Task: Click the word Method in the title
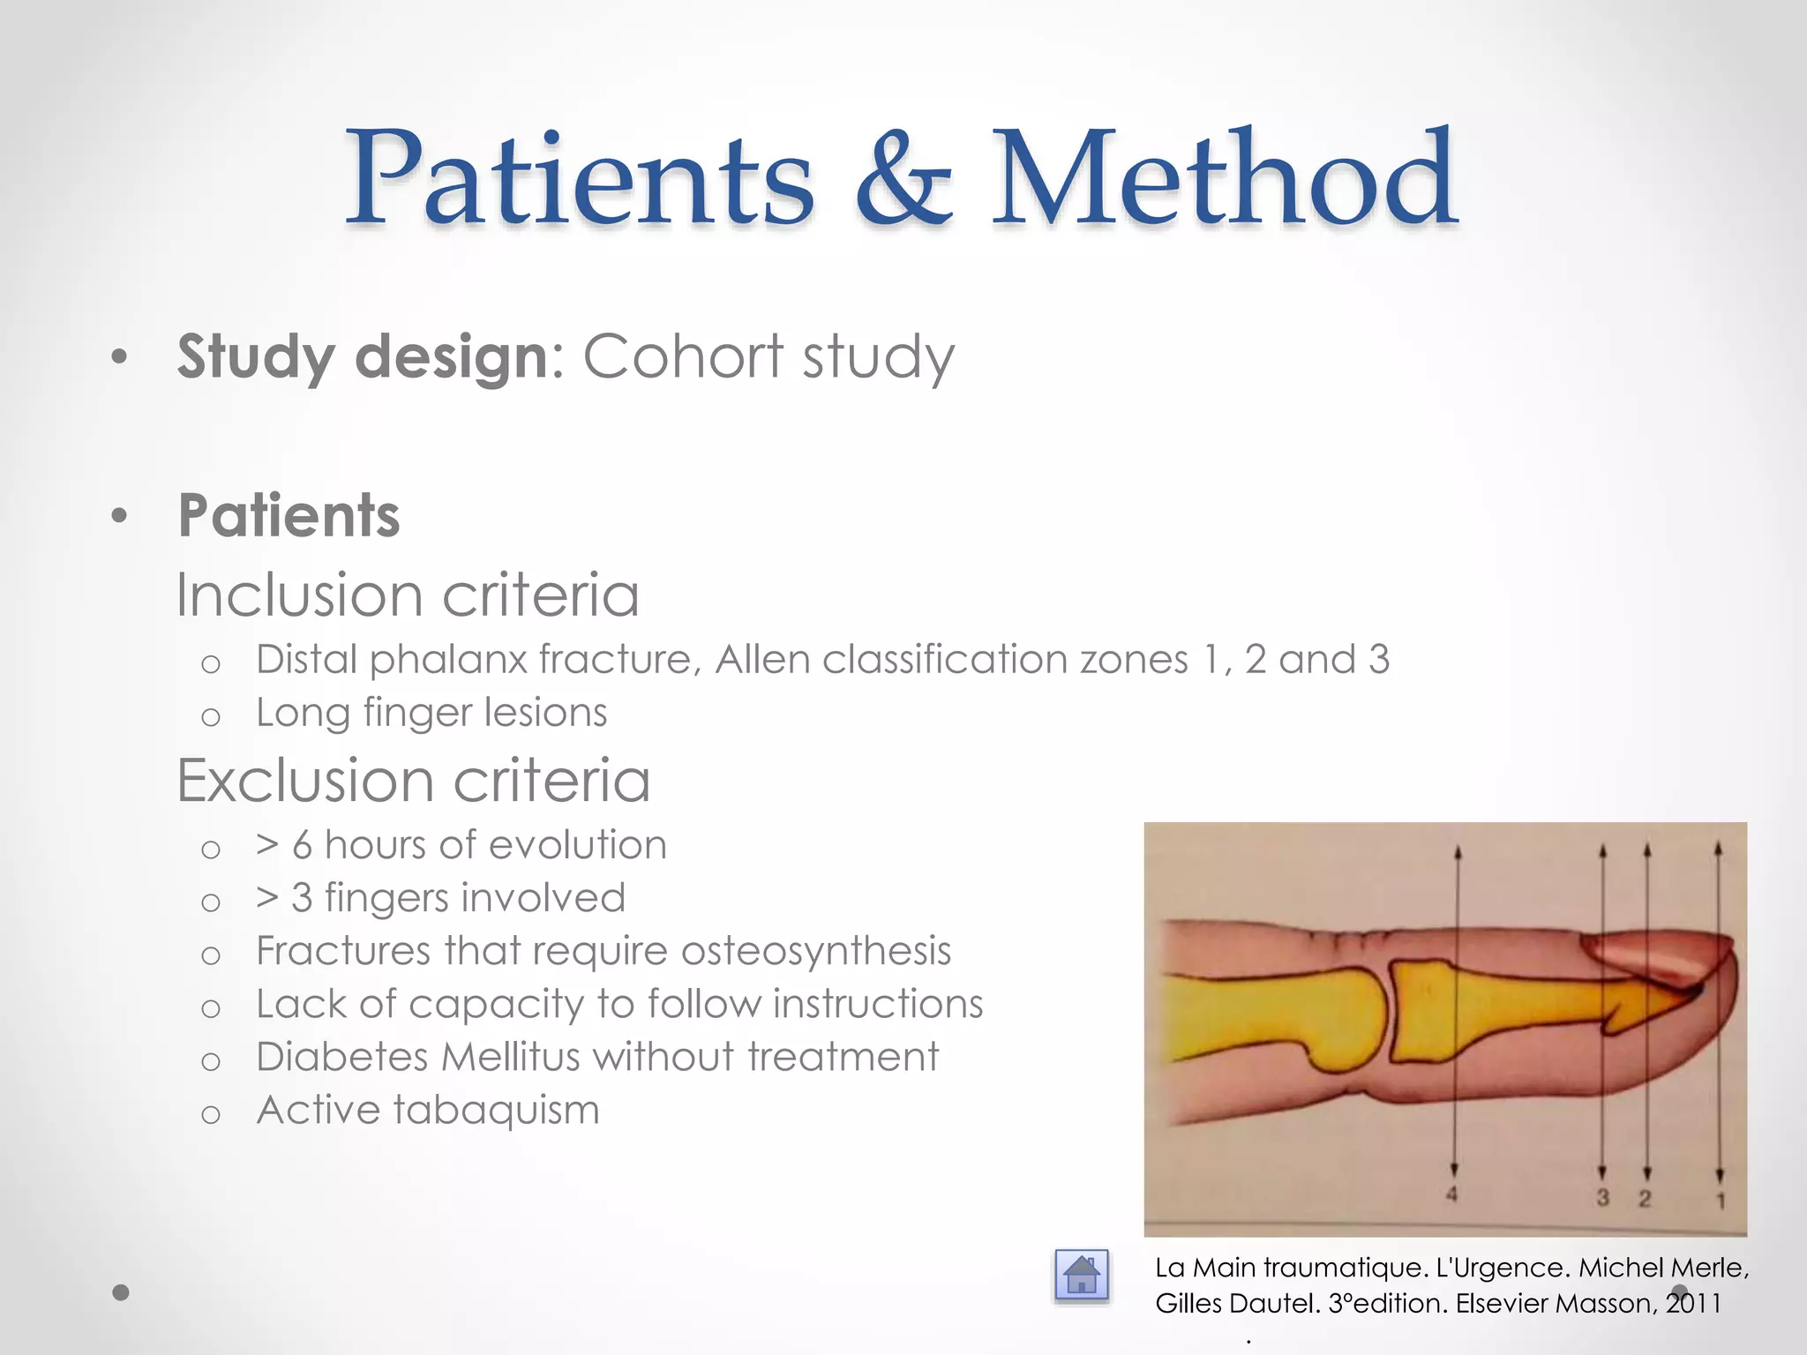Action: (1224, 178)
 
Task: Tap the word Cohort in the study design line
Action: (683, 356)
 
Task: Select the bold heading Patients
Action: (289, 515)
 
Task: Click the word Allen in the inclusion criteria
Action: (761, 660)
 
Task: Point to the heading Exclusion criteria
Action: (413, 781)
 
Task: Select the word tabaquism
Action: (496, 1111)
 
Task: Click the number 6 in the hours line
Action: (302, 845)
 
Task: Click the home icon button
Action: (1081, 1276)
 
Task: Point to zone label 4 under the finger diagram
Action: (1451, 1195)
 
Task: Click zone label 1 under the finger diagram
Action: (1720, 1199)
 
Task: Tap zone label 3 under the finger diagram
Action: (1602, 1197)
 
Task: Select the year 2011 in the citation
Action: (1693, 1304)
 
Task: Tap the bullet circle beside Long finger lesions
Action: (210, 716)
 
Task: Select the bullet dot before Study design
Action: (120, 358)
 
